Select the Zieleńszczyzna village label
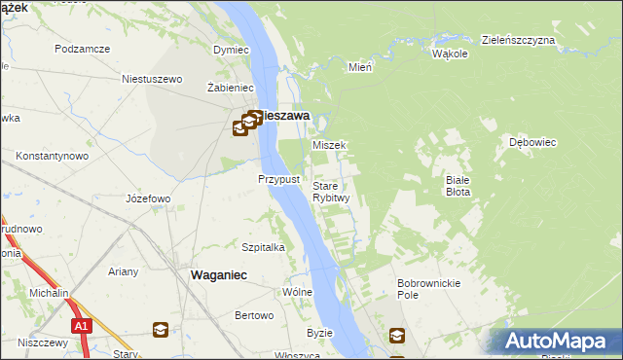coord(518,40)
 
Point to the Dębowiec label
coord(531,142)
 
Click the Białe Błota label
coord(458,186)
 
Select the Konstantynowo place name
coord(53,156)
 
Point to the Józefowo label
coord(149,198)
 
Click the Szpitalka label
coord(263,247)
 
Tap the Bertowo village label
coord(254,315)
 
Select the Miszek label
coord(329,145)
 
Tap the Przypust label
coord(277,179)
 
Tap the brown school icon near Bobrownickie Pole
coord(397,336)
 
